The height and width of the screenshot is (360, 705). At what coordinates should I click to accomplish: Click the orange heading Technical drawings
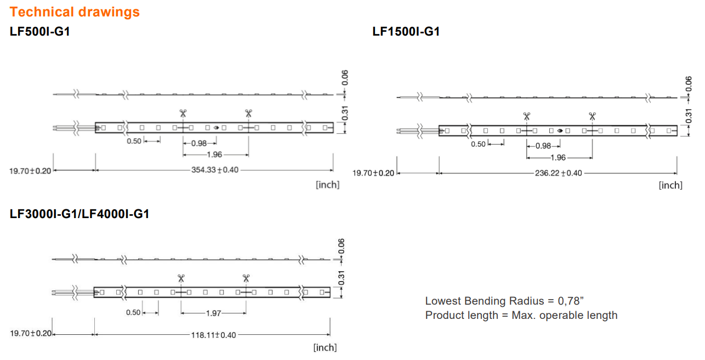coord(75,12)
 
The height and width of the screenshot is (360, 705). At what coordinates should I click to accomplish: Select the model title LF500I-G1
coord(39,31)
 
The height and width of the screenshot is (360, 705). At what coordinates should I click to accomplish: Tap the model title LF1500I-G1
coord(406,31)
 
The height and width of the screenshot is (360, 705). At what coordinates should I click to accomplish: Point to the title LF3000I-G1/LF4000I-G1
coord(79,214)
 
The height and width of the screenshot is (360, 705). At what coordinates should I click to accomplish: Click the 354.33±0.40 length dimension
coord(215,170)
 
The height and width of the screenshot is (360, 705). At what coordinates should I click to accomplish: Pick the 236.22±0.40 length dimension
coord(558,173)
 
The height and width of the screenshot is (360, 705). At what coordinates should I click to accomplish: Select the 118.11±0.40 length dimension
coord(213,335)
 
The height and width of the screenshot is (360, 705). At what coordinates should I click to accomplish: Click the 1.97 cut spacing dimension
coord(213,313)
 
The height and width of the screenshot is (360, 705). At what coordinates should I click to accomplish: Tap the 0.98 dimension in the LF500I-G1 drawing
coord(199,144)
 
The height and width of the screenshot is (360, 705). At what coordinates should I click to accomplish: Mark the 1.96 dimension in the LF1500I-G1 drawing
coord(558,158)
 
